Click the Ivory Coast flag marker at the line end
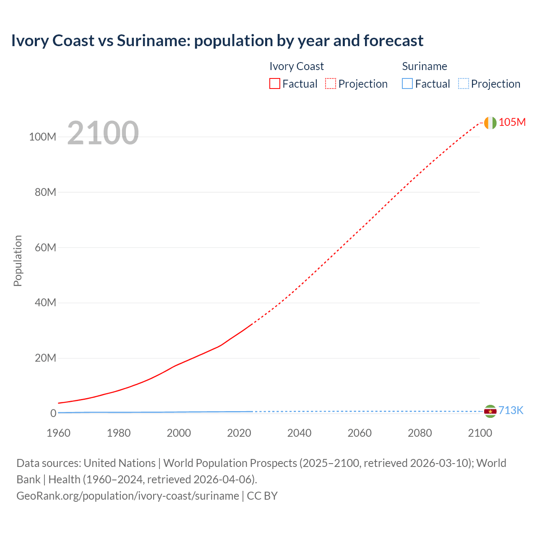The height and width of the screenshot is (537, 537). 490,123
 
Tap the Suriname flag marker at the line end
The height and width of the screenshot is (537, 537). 490,411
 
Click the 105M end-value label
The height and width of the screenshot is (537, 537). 512,122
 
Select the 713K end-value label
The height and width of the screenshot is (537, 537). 511,410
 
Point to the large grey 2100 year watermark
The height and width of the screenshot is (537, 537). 103,133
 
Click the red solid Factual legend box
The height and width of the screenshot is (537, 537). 275,83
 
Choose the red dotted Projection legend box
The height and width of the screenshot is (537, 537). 331,83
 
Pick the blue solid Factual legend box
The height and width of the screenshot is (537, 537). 407,83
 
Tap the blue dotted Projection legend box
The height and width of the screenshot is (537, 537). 463,83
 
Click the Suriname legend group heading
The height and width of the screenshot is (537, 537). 425,66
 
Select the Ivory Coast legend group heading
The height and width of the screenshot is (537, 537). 297,66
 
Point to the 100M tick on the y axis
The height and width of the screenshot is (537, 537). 42,137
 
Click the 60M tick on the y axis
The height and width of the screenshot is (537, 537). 45,248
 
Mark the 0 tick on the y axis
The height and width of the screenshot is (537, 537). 53,413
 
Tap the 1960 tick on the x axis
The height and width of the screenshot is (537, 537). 58,433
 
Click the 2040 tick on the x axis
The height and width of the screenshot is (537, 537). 299,433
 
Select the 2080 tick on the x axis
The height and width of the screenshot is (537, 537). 420,433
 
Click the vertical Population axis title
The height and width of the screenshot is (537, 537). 18,261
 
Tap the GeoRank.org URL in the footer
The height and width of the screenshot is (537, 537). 128,496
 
